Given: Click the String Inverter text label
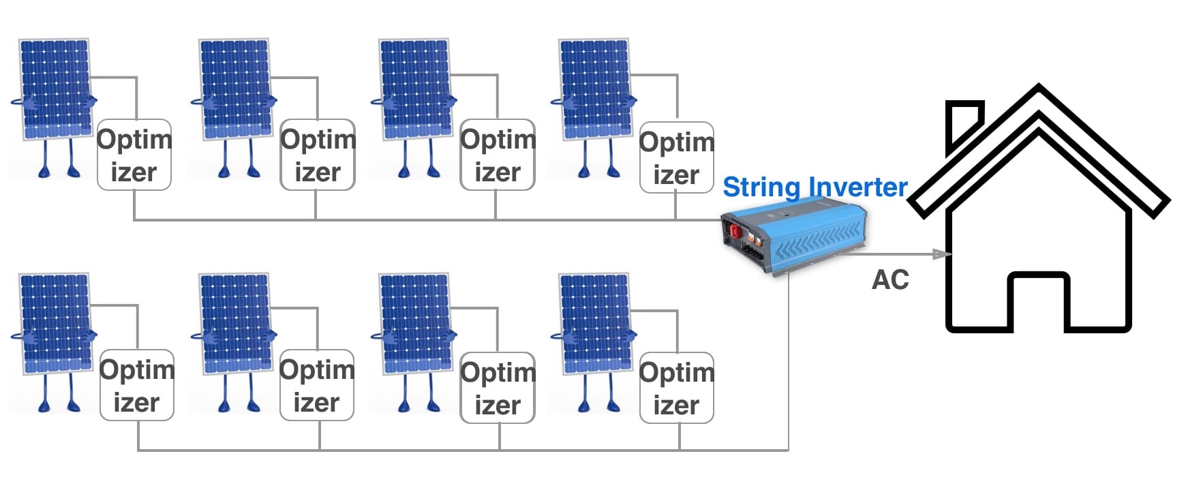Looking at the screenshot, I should [x=815, y=187].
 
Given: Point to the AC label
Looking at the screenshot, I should [x=890, y=280].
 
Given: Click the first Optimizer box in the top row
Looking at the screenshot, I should [x=134, y=155].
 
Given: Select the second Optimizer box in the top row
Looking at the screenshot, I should [x=318, y=155].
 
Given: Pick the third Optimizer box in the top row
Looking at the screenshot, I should [x=498, y=155].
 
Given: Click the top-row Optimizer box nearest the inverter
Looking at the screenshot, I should [x=676, y=157].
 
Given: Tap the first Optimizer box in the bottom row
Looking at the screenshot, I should [x=136, y=385].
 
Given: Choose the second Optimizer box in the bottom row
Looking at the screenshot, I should [x=316, y=385].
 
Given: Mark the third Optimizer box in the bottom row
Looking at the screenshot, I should [x=498, y=388].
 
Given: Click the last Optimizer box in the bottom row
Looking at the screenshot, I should [x=676, y=388].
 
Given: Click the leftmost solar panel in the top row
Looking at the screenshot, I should [x=55, y=89].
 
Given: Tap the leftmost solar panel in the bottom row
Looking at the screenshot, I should [x=55, y=323].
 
